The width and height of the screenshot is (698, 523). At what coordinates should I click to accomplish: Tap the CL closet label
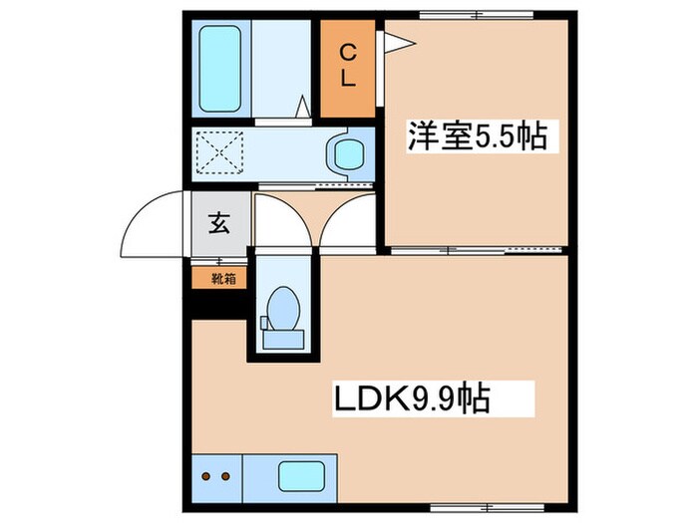(349, 66)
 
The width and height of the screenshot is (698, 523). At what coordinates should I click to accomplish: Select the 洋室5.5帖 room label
(477, 136)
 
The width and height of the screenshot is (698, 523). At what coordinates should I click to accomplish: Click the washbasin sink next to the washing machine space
(347, 154)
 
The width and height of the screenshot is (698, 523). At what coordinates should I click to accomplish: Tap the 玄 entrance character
(217, 224)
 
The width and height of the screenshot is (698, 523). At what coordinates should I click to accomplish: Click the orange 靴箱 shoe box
(216, 279)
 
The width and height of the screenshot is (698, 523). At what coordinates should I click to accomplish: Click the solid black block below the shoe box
(216, 305)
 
